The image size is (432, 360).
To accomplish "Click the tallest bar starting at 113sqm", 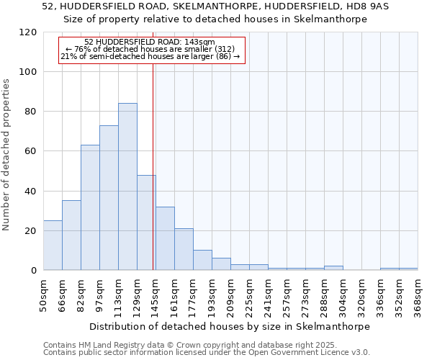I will (127, 187).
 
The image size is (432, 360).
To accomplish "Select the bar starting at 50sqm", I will (53, 246).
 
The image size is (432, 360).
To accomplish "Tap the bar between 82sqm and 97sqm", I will (90, 207).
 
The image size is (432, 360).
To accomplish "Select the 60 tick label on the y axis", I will (31, 151).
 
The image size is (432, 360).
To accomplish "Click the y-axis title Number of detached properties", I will (7, 155).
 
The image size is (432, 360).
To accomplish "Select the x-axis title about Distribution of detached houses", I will (230, 326).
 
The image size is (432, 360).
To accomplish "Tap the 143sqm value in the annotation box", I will (200, 42).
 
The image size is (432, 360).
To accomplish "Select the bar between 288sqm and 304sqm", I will (333, 268).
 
